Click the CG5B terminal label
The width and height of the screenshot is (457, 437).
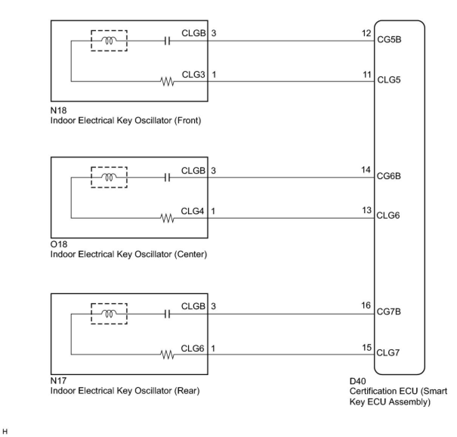tap(389, 39)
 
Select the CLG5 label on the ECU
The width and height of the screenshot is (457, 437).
tap(389, 80)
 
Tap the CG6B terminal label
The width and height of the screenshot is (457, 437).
tap(389, 176)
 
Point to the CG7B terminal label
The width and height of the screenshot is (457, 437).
tap(389, 312)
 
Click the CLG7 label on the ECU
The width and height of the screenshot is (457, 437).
tap(388, 353)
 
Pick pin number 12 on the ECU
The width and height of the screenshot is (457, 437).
tap(366, 33)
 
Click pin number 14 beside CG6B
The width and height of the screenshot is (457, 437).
tap(366, 170)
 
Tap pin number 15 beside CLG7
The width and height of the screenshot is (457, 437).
tap(366, 347)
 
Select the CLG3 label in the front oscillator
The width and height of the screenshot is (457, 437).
tap(193, 74)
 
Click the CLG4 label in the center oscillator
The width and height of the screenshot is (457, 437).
tap(193, 211)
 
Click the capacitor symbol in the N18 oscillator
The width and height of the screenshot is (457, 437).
tap(167, 41)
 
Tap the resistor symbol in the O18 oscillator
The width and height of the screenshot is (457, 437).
tap(167, 218)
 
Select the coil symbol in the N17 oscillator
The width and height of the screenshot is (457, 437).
tap(109, 313)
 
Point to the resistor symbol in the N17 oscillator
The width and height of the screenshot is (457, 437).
tap(167, 355)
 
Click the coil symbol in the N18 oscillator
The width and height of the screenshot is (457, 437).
tap(109, 41)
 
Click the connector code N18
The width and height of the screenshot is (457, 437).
tap(59, 110)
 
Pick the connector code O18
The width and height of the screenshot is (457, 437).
tap(59, 244)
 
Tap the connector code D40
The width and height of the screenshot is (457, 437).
tap(357, 381)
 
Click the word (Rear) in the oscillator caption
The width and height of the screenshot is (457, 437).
tap(187, 391)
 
